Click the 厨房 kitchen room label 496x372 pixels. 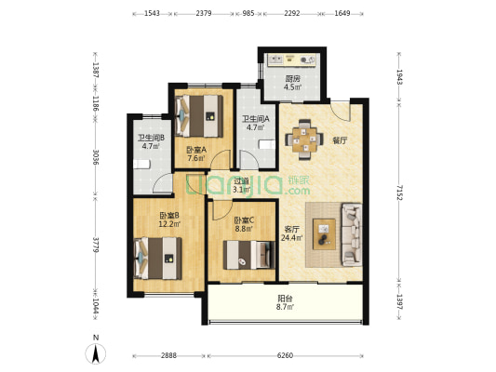[292, 79]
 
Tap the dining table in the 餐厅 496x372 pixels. [304, 139]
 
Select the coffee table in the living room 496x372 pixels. [324, 234]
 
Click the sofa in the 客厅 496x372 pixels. [352, 234]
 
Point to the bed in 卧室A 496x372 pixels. [199, 116]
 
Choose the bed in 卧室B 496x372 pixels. [158, 259]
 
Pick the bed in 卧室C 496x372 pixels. [249, 255]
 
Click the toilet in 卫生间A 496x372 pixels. [267, 145]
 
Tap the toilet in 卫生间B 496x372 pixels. [141, 165]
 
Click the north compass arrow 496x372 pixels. [96, 353]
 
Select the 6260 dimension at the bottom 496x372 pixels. [285, 355]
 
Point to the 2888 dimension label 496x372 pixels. [168, 355]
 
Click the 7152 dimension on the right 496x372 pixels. [399, 193]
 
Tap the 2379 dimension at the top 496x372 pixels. [204, 14]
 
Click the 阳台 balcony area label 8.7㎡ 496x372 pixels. [286, 302]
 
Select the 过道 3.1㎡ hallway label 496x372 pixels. [242, 185]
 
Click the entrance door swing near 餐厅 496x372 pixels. [341, 111]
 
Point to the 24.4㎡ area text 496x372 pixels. [290, 238]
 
